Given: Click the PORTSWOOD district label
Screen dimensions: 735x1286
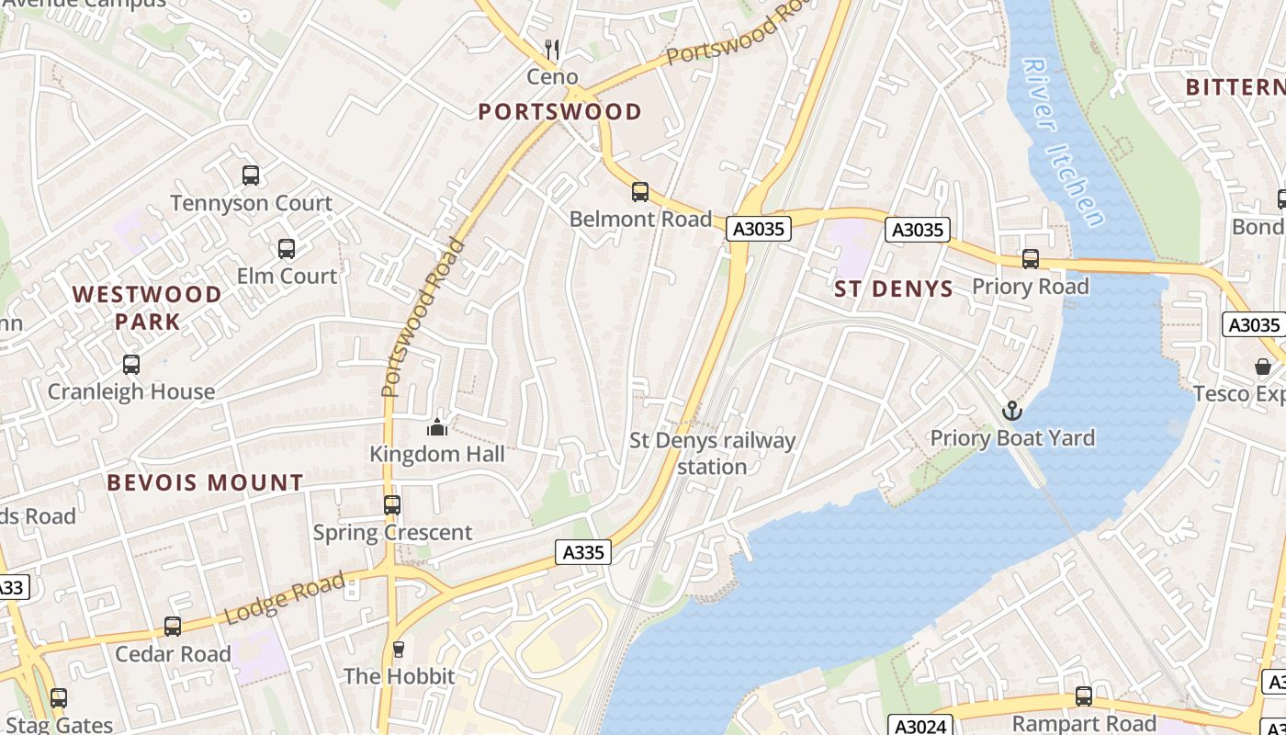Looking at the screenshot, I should pyautogui.click(x=559, y=112).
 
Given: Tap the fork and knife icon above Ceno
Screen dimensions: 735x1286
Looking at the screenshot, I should pyautogui.click(x=552, y=49).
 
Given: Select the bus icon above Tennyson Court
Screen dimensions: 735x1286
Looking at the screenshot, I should pyautogui.click(x=251, y=175).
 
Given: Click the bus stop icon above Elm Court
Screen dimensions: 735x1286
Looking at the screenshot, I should pyautogui.click(x=287, y=248).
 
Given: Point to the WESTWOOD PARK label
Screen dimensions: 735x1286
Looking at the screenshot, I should pyautogui.click(x=147, y=308).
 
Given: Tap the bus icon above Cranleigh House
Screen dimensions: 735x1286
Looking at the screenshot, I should pyautogui.click(x=131, y=364).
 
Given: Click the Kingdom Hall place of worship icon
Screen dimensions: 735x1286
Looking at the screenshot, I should pyautogui.click(x=437, y=427).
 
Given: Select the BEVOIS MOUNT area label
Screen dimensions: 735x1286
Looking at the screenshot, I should pyautogui.click(x=205, y=482).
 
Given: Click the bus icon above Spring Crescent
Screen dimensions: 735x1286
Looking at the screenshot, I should pyautogui.click(x=392, y=504).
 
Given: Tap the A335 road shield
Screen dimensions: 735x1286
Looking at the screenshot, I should pyautogui.click(x=583, y=552).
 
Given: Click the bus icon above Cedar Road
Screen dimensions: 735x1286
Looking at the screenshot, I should pyautogui.click(x=173, y=627).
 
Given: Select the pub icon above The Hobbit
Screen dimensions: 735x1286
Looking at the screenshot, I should pyautogui.click(x=399, y=650).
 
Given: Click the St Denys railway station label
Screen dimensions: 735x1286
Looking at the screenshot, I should pyautogui.click(x=712, y=453).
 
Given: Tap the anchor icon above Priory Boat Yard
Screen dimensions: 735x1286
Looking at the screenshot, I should pyautogui.click(x=1012, y=411).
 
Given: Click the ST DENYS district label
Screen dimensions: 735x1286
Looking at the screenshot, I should pyautogui.click(x=894, y=289).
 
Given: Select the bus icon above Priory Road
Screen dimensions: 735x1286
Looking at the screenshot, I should pyautogui.click(x=1031, y=259).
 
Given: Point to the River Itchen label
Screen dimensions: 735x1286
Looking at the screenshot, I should pyautogui.click(x=1063, y=142).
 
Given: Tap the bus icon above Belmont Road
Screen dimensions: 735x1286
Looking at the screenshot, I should pyautogui.click(x=640, y=192).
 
